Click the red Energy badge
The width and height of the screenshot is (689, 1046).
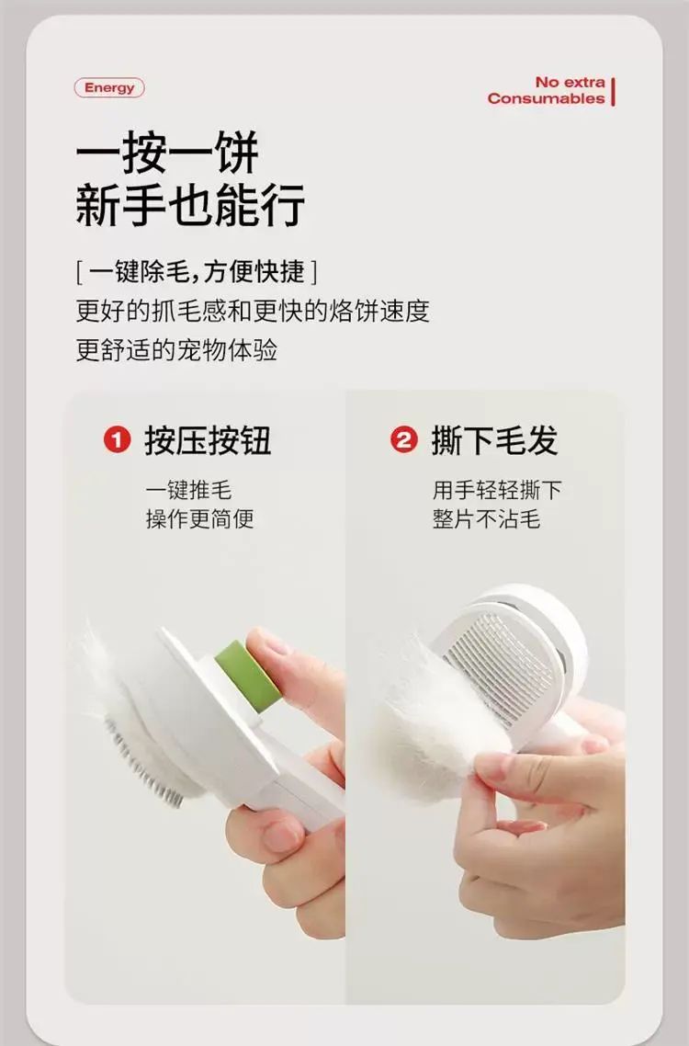pos(109,88)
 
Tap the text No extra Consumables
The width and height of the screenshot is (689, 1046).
pos(547,90)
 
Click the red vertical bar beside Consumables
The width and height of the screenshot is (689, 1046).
pos(613,91)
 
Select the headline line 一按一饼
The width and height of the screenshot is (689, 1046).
pos(167,152)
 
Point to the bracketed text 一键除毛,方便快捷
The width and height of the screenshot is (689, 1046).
pos(197,271)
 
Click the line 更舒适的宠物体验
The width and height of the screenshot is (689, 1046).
pos(176,349)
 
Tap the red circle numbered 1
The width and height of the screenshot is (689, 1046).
pos(117,440)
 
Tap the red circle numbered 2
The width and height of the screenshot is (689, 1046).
pos(403,440)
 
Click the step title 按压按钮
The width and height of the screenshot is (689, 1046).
pos(209,440)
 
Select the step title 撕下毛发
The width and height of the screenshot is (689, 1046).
pos(494,440)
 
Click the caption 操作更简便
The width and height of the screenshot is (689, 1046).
pos(199,519)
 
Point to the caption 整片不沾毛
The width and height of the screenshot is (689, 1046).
pos(486,519)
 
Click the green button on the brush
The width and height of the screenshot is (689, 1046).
pos(247,675)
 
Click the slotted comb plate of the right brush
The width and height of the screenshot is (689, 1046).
pos(499,668)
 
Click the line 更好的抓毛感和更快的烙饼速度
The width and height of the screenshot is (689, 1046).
pos(252,311)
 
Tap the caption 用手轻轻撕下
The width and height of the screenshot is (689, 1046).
pos(497,490)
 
